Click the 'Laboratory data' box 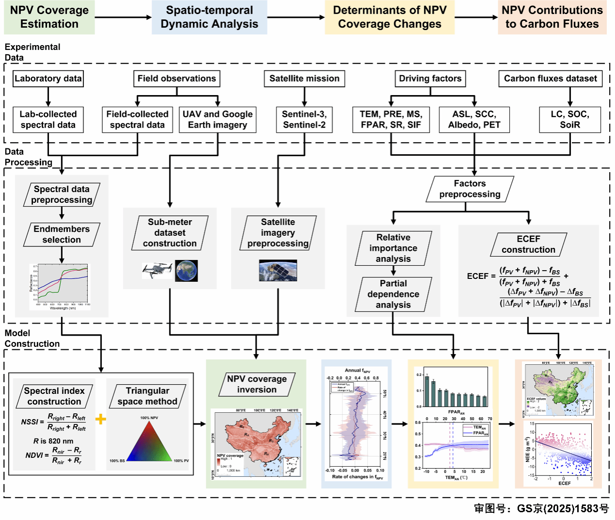(x=48, y=79)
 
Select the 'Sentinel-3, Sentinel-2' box (x=304, y=120)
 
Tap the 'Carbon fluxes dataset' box (x=550, y=79)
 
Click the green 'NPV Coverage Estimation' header (x=49, y=17)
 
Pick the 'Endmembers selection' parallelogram (x=62, y=234)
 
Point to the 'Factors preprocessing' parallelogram (x=469, y=189)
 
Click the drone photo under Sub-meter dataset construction (x=157, y=270)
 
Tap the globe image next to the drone (x=186, y=271)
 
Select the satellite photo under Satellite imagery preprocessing (x=278, y=271)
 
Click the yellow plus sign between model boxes (x=100, y=419)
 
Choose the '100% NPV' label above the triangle (x=149, y=418)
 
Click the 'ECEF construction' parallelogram (x=528, y=244)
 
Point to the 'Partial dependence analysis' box (x=393, y=294)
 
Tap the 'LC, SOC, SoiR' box (x=569, y=120)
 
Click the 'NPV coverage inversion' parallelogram (x=257, y=384)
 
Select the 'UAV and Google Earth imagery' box (x=217, y=120)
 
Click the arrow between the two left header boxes (x=123, y=17)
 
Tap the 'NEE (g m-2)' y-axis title (x=528, y=450)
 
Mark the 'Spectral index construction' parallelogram (x=54, y=396)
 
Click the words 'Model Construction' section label (x=32, y=339)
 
